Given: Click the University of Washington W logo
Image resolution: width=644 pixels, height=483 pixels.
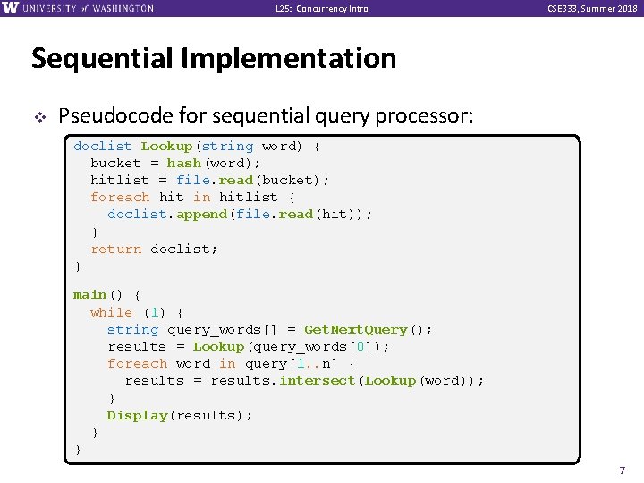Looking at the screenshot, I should pos(12,8).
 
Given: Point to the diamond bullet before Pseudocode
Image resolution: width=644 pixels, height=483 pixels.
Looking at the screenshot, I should pos(38,116).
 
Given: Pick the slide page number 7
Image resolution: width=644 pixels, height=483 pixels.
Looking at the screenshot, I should pos(623,470).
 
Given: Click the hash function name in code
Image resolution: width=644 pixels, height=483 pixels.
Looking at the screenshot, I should pos(184,164).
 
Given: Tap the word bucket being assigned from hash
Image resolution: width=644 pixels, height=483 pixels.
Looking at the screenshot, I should pos(115,164).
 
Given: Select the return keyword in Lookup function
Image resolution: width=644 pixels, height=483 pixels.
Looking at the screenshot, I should pos(115,250).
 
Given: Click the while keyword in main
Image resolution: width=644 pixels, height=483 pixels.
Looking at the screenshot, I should pos(111,312).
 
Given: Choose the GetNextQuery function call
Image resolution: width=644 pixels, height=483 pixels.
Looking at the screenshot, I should pos(356,329).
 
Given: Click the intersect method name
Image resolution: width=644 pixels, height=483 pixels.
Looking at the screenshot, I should pos(317,381).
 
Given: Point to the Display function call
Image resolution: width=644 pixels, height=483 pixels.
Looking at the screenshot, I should pos(137,416).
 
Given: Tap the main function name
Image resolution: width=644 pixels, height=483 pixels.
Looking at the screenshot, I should pos(89,295).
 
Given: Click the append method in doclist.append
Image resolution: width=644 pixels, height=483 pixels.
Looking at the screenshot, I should pos(201,215).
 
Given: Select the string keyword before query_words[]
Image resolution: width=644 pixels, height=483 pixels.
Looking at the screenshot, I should pos(132,329).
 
